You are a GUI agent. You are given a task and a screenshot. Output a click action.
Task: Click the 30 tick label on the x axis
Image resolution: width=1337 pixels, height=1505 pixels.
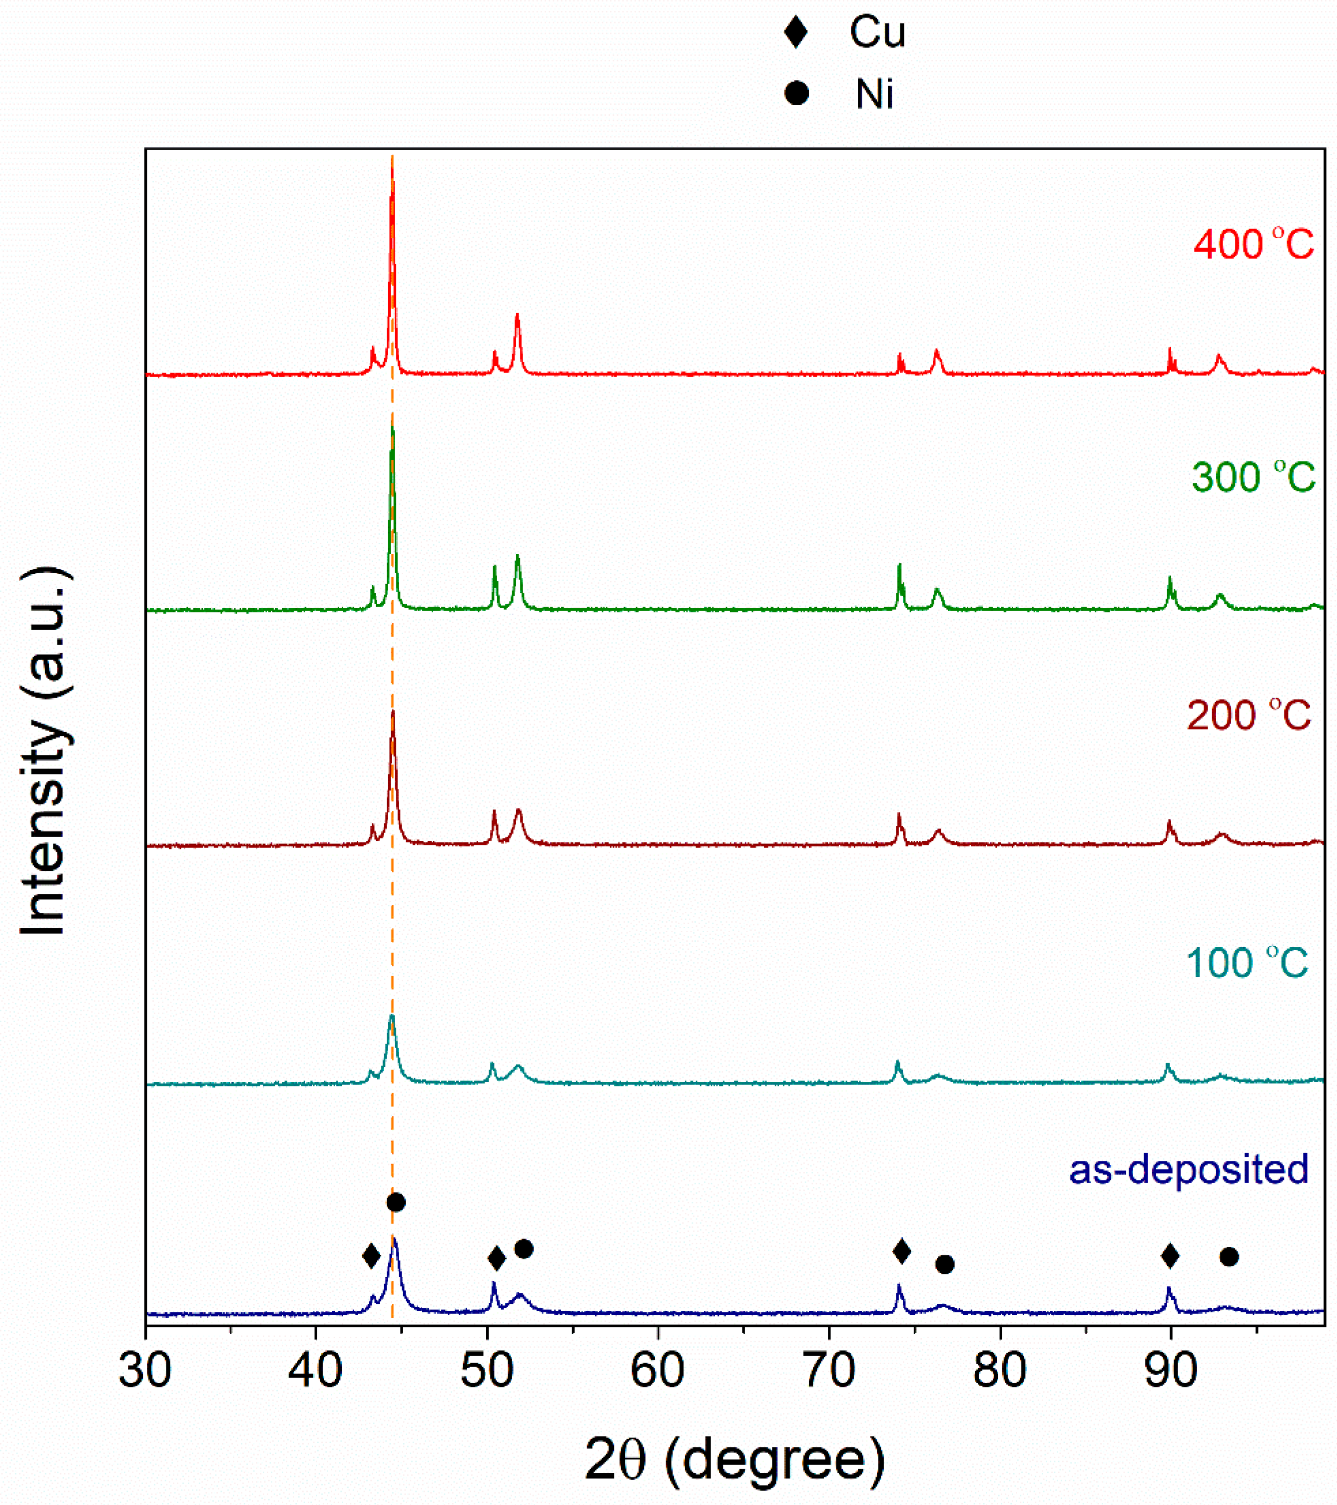pos(145,1371)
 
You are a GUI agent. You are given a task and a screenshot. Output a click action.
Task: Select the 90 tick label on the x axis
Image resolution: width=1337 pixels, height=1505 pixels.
pos(1171,1371)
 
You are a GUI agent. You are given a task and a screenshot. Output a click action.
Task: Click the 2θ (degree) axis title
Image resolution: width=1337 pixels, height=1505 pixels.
pos(735,1460)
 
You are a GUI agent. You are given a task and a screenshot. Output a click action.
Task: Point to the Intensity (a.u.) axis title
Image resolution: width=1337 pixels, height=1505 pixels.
pos(44,751)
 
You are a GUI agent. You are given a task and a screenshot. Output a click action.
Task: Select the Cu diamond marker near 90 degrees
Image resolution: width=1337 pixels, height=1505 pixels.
pos(1170,1255)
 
